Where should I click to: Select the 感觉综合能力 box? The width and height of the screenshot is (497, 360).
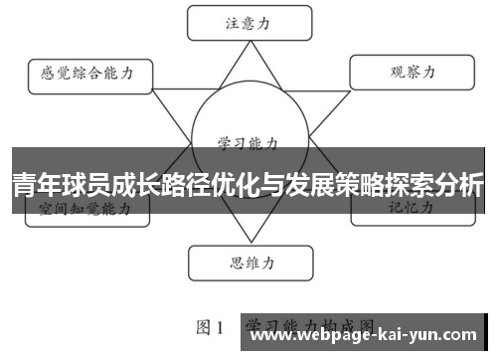[87, 73]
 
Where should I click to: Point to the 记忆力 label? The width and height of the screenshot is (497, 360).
[410, 209]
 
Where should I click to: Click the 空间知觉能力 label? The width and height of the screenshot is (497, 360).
[85, 210]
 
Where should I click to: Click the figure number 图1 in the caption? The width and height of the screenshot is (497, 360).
[208, 326]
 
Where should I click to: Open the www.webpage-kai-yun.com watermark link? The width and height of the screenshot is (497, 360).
[369, 335]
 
